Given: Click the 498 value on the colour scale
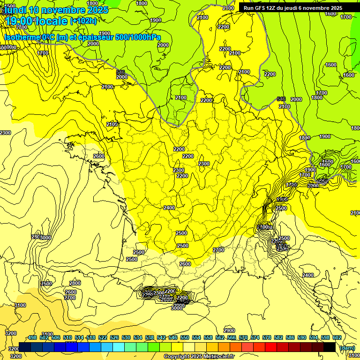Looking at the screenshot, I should tap(32, 337).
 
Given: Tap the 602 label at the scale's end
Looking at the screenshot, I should tap(337, 337).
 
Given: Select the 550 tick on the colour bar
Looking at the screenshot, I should tap(185, 337).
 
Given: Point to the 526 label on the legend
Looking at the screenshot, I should tap(114, 337).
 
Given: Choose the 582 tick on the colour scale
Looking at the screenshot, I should tap(278, 337).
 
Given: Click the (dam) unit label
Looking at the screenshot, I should tap(346, 347).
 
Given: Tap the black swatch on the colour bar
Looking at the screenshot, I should tap(330, 347).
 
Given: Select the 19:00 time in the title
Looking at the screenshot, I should tap(19, 21).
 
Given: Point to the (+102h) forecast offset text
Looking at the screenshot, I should tap(83, 21).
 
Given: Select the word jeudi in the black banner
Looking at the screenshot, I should tap(296, 8).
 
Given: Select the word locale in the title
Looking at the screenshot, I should tap(52, 21).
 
